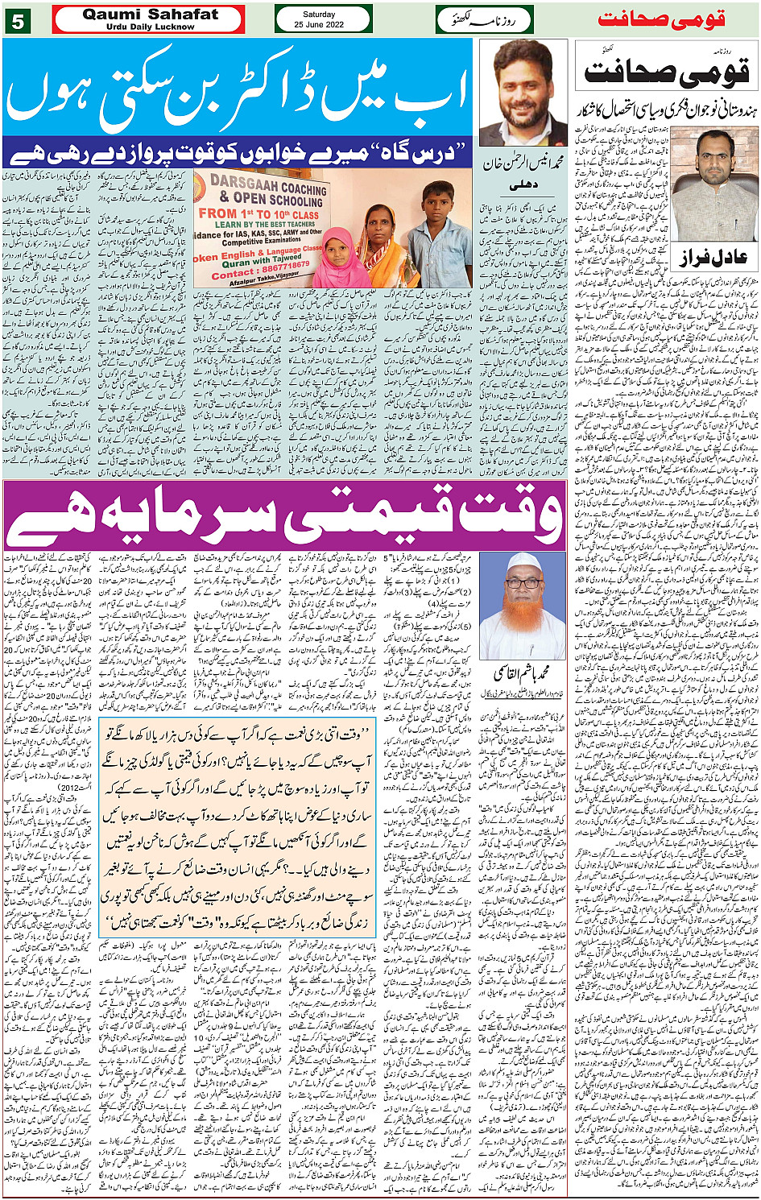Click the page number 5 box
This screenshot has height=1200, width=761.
[17, 21]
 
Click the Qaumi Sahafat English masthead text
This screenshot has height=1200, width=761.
[150, 15]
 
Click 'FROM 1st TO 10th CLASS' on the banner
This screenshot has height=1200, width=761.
[258, 214]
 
